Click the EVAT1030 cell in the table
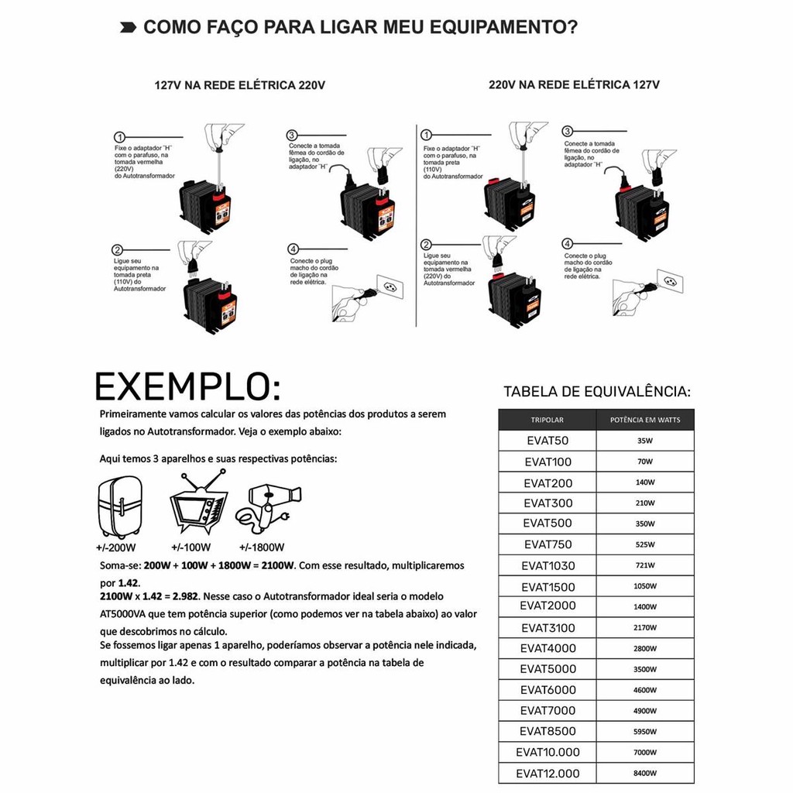[548, 566]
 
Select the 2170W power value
[645, 628]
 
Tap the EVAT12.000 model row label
[548, 773]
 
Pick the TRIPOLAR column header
[548, 420]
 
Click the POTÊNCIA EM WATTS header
[645, 420]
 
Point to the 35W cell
[645, 441]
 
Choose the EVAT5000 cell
[548, 669]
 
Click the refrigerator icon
[120, 506]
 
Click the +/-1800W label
[262, 548]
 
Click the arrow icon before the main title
[124, 29]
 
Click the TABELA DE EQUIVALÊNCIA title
[597, 391]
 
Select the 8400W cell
[645, 773]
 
